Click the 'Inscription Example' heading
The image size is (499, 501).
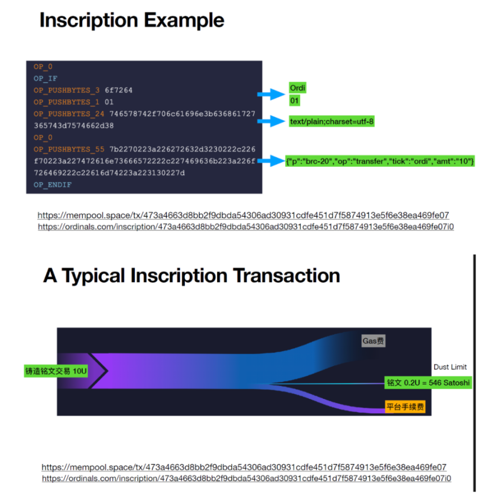click(x=131, y=21)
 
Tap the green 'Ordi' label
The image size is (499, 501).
click(x=298, y=88)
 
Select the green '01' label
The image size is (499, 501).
click(x=295, y=101)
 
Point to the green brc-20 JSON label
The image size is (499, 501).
click(x=380, y=162)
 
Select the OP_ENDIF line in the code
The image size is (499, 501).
click(x=52, y=184)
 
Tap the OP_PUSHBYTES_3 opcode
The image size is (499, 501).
click(x=67, y=90)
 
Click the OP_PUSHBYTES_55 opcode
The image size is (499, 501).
click(x=69, y=149)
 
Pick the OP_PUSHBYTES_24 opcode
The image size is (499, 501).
click(x=69, y=114)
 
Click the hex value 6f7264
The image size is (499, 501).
click(x=119, y=90)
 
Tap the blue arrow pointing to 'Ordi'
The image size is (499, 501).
click(x=271, y=94)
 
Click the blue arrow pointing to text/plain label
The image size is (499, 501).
click(x=271, y=122)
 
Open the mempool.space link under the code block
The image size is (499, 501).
click(x=243, y=216)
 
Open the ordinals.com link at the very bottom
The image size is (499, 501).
click(x=246, y=478)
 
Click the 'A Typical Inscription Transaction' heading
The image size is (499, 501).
click(x=191, y=276)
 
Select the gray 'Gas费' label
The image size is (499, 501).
click(x=374, y=341)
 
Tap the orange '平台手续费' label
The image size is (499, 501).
click(x=406, y=408)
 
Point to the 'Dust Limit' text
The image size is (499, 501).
click(x=450, y=367)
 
